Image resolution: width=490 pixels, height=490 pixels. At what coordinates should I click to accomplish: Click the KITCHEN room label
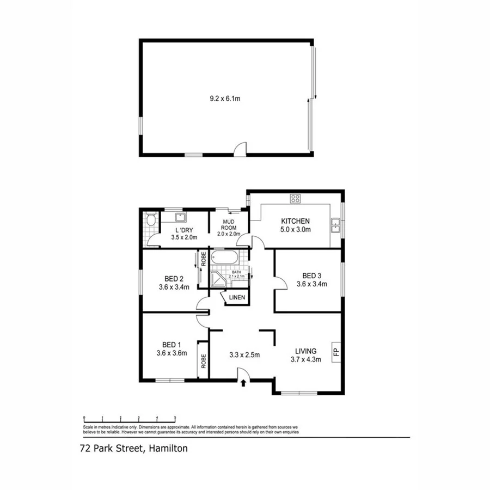295,221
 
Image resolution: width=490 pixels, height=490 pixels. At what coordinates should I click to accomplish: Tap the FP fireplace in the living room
336,351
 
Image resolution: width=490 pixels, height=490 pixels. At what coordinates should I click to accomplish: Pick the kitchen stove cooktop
296,199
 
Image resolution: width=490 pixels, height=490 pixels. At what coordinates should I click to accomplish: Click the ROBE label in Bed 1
204,359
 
